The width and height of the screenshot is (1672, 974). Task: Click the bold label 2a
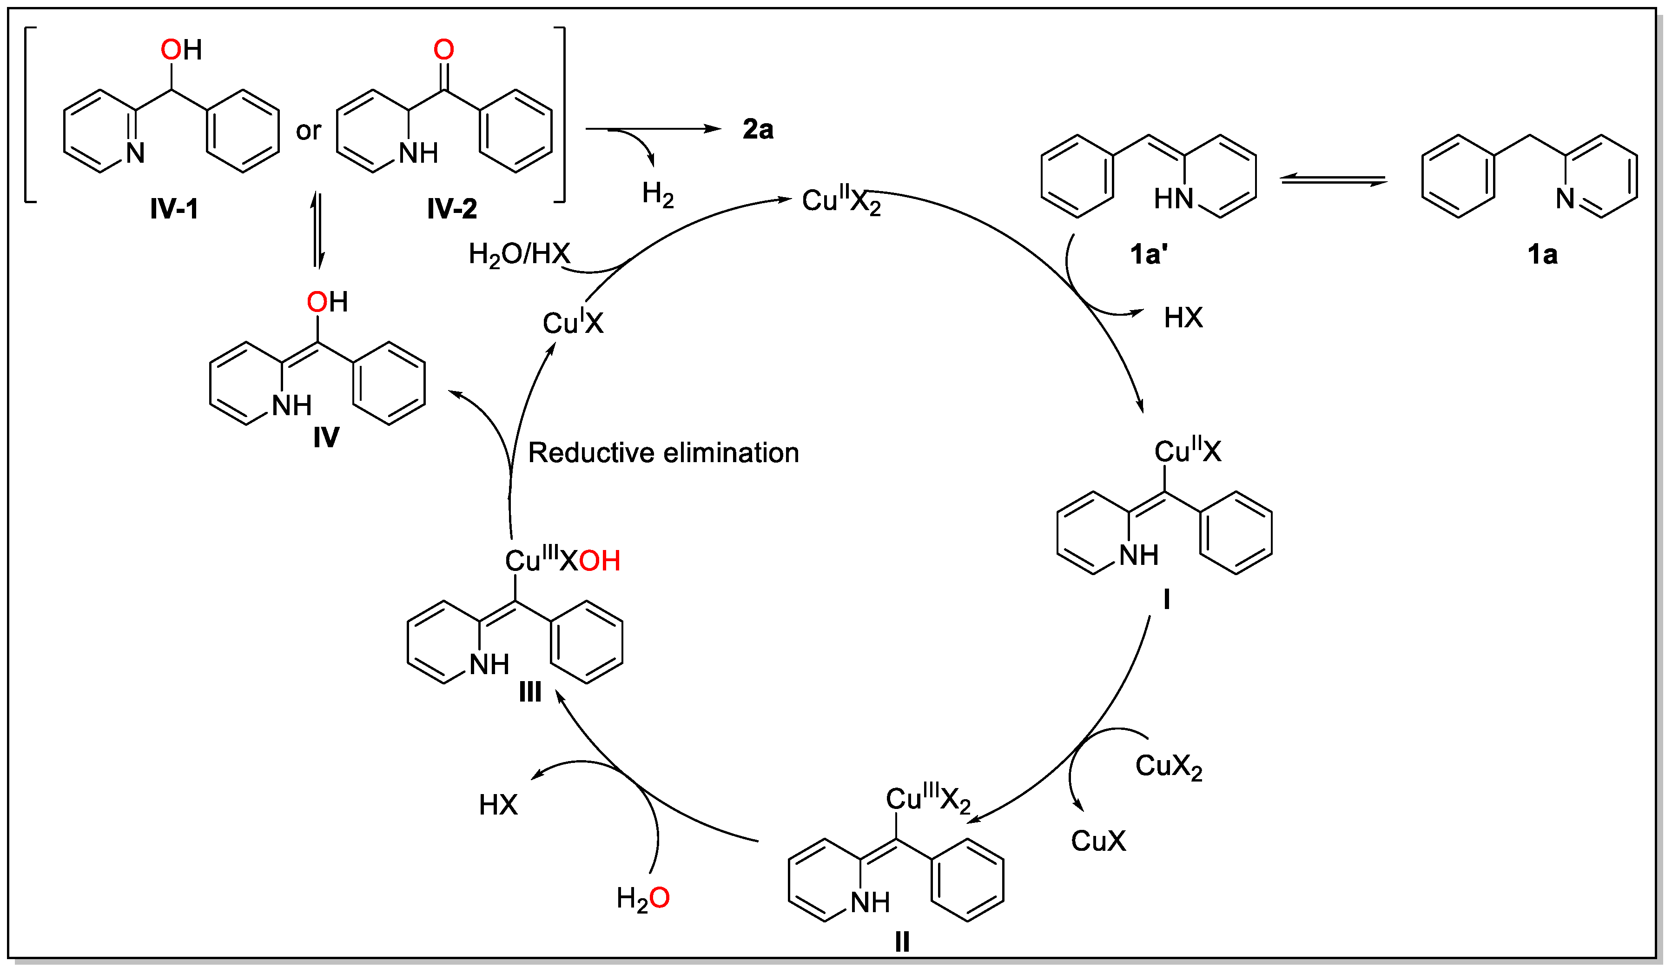tap(758, 129)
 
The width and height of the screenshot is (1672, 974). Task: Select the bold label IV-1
tap(174, 210)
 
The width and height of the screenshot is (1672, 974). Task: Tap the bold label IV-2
tap(452, 210)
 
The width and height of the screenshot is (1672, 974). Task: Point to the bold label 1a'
tap(1149, 255)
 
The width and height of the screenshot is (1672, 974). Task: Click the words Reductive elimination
tap(663, 453)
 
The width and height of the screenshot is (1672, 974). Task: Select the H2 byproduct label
tap(658, 195)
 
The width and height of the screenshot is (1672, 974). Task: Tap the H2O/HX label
tap(520, 254)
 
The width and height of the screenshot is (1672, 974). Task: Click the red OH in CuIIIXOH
tap(599, 561)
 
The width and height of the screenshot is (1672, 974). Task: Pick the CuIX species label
tap(573, 323)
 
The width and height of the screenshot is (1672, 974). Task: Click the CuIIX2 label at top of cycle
tap(840, 200)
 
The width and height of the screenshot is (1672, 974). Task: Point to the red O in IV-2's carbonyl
tap(444, 50)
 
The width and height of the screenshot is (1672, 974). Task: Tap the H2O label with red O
tap(642, 899)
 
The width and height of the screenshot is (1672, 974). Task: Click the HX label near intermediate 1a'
tap(1183, 318)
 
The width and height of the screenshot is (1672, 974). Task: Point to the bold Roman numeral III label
tap(530, 693)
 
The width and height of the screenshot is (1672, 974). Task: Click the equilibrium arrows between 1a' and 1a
tap(1334, 179)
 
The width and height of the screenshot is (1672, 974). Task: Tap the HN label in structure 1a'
tap(1173, 199)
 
